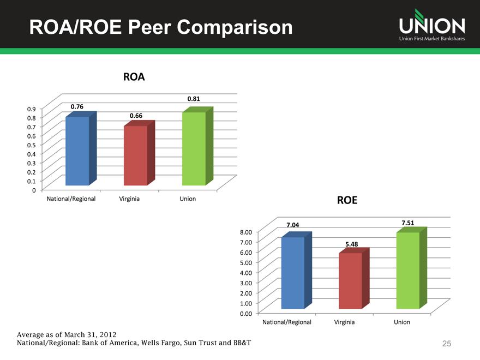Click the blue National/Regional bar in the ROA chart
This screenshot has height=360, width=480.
coord(77,151)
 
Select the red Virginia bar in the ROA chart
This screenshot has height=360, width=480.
coord(135,155)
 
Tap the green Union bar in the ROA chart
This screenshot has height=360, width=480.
coord(194,148)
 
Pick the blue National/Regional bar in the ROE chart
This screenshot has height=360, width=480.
coord(293,273)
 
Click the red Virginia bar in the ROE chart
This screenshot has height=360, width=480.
coord(350,280)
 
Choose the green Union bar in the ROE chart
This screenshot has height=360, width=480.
coord(407,270)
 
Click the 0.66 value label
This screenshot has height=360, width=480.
coord(136,116)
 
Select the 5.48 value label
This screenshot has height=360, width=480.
coord(351,244)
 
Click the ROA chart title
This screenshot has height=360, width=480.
coord(134,77)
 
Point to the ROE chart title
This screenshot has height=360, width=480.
coord(347,200)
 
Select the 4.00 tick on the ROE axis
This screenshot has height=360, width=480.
coord(245,273)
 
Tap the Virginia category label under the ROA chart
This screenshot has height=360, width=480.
coord(129,199)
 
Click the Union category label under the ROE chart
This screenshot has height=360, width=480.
coord(402,322)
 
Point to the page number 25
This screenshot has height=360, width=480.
coord(447,344)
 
